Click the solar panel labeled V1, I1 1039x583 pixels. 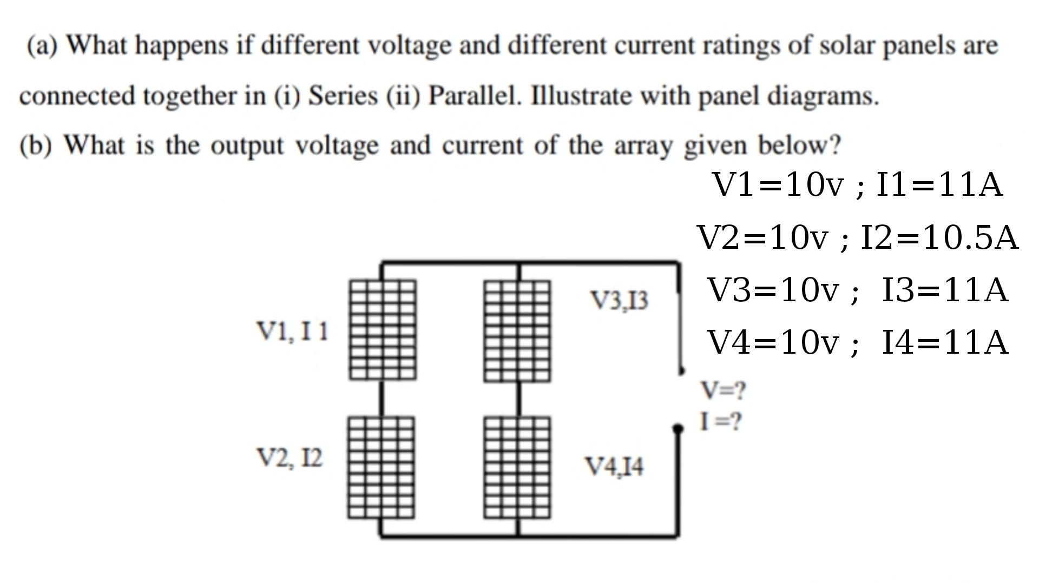[x=383, y=329]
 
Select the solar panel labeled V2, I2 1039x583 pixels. [x=382, y=467]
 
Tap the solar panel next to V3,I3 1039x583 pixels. [x=517, y=330]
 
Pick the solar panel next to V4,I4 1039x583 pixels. [x=517, y=467]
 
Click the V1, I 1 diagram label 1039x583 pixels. [x=292, y=331]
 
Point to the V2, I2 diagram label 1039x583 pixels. [x=290, y=458]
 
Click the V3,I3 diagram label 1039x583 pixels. [x=619, y=301]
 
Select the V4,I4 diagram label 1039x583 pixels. [x=614, y=466]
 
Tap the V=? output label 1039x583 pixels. [x=723, y=390]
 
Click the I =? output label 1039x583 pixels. [x=720, y=421]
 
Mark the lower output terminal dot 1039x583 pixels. [x=678, y=429]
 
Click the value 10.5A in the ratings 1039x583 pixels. [x=971, y=237]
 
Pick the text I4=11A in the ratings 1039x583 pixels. [x=945, y=342]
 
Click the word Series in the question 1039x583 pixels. [x=343, y=96]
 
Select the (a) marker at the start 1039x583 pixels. [x=42, y=45]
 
